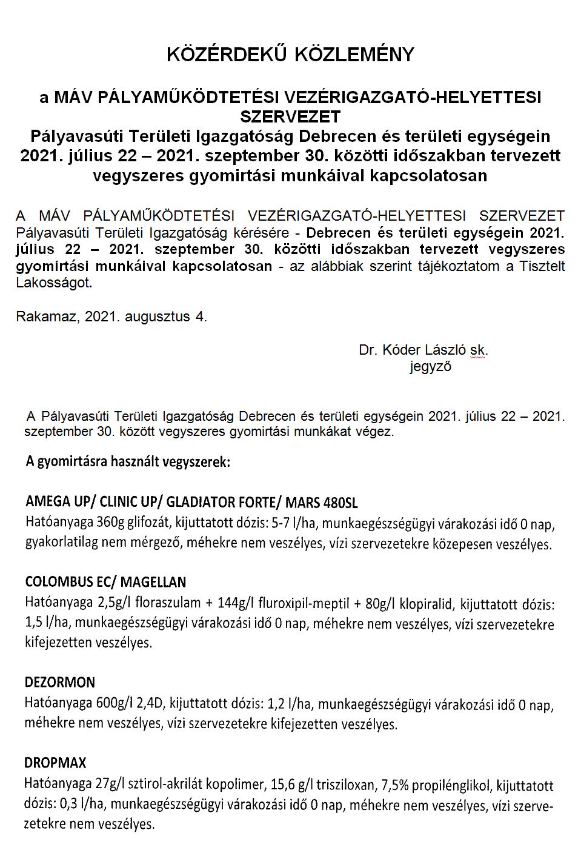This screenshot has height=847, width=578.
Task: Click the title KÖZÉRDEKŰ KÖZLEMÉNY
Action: [290, 55]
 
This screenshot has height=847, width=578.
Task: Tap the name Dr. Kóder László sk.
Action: [423, 350]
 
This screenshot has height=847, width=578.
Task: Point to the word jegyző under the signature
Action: [430, 366]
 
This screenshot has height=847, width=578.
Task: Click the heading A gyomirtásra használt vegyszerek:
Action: [128, 462]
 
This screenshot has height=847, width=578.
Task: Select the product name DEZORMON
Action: [59, 682]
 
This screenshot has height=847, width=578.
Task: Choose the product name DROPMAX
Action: [55, 762]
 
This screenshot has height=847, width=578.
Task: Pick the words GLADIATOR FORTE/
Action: [237, 503]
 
